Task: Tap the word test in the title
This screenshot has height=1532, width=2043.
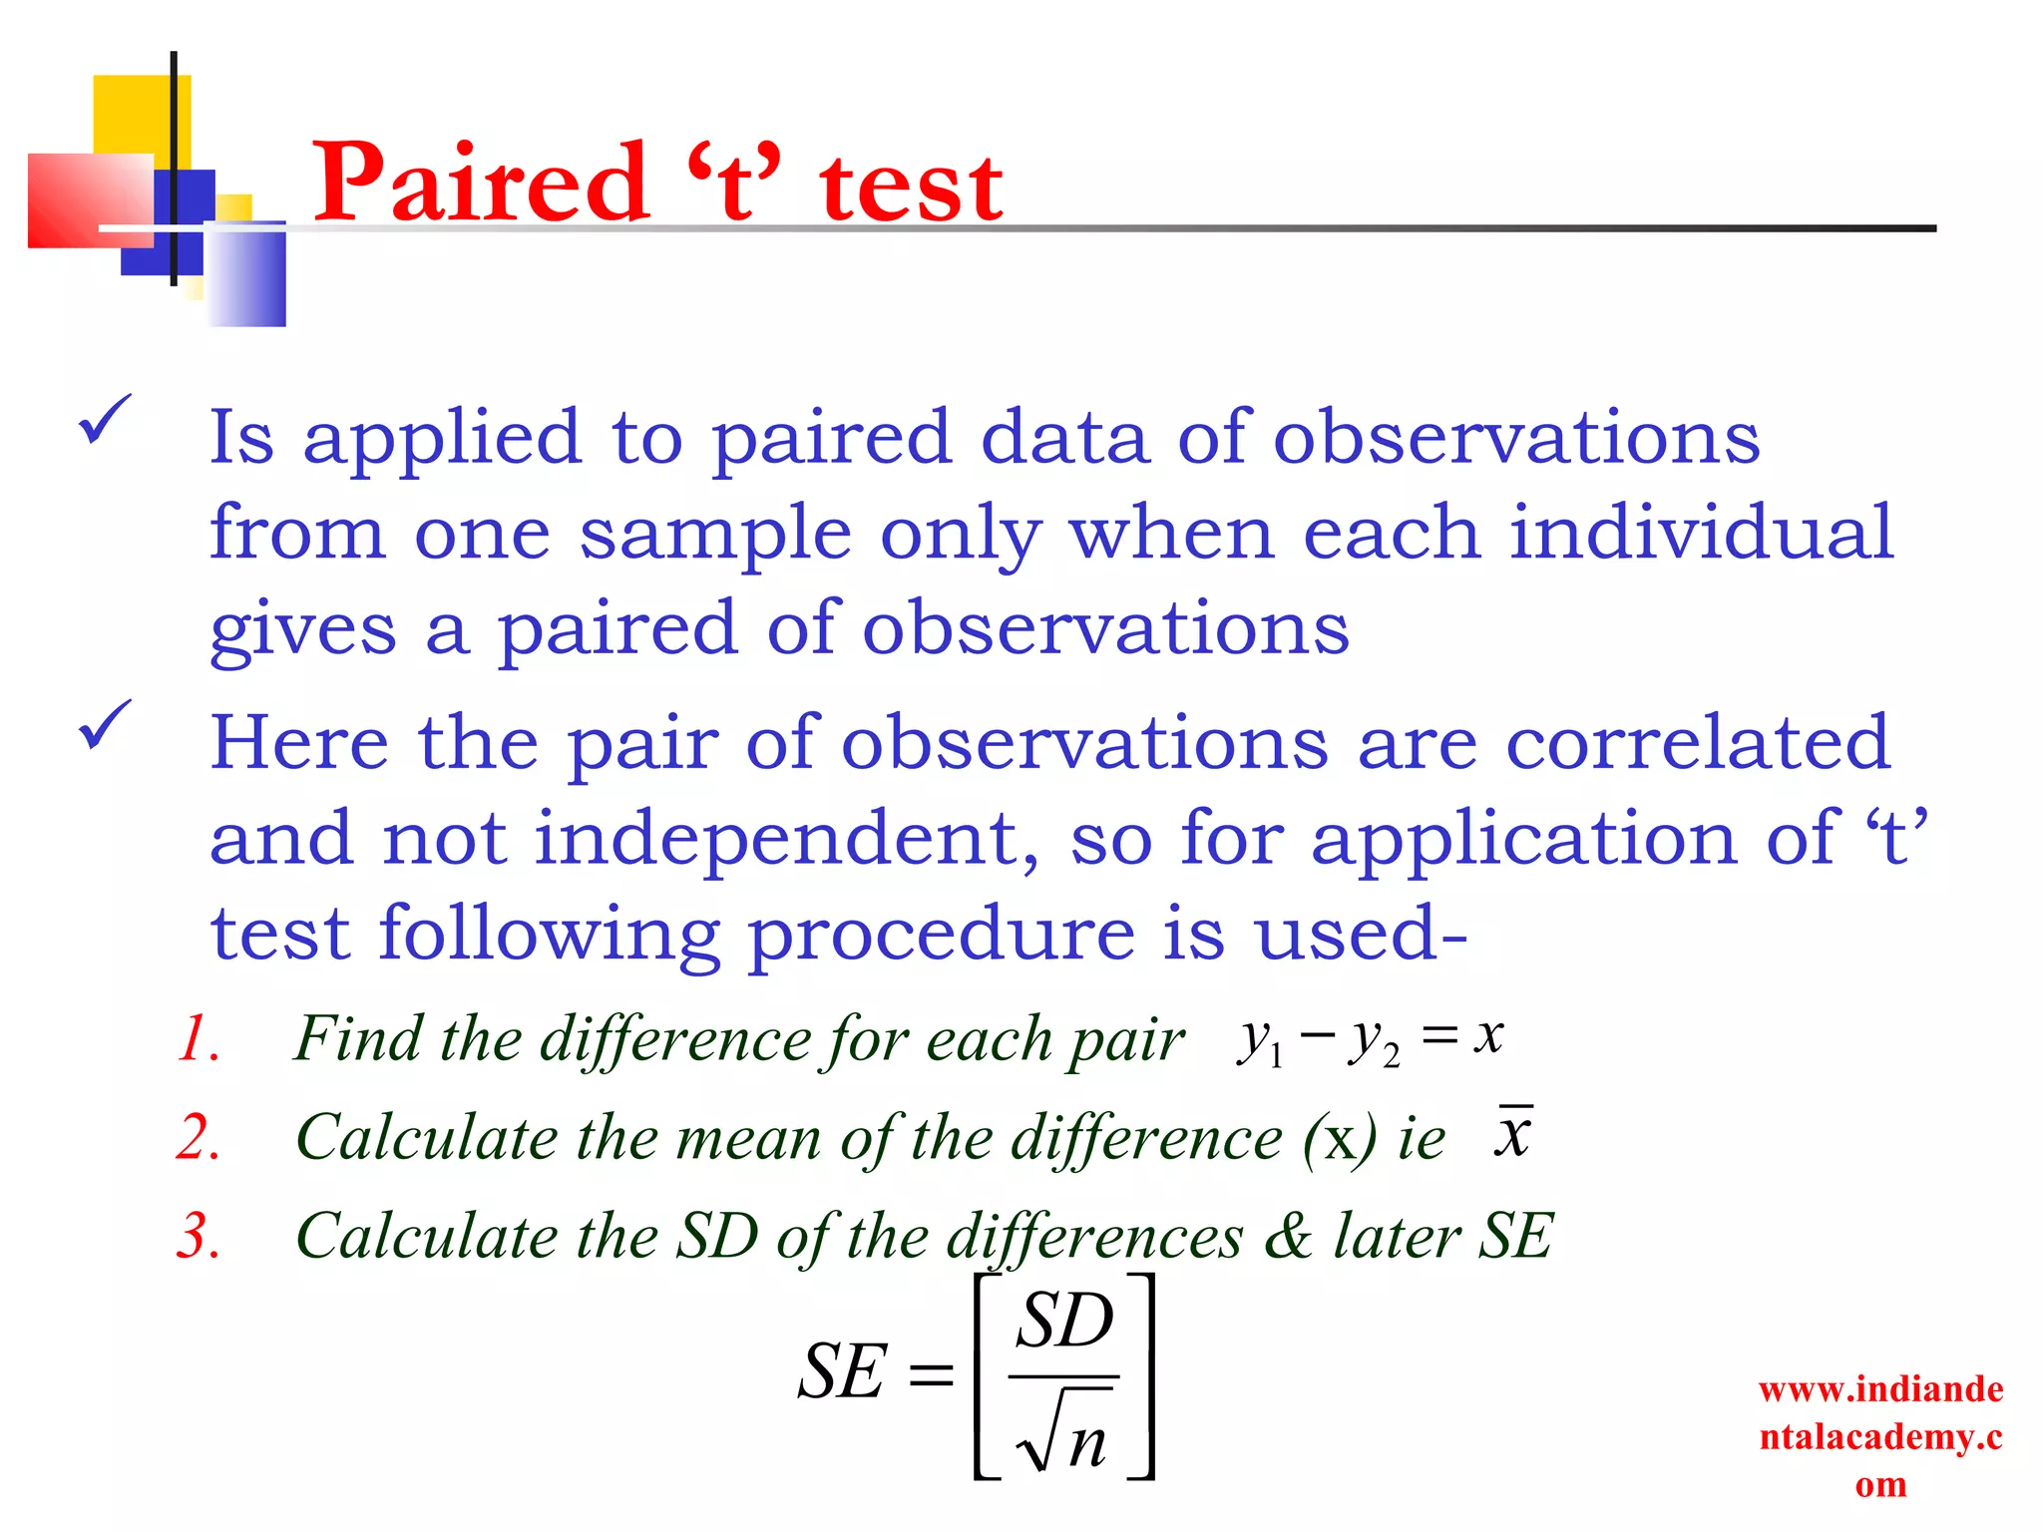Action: [911, 188]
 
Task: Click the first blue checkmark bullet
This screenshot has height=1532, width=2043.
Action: [104, 419]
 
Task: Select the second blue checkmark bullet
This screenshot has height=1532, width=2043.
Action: [104, 724]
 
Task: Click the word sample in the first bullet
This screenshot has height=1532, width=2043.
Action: [715, 535]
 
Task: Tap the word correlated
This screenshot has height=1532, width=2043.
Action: [1697, 742]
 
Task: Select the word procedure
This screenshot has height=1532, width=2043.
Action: [941, 936]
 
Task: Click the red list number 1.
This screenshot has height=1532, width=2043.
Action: [198, 1038]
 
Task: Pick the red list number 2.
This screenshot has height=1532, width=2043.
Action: [198, 1137]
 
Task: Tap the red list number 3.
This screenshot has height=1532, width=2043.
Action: [198, 1236]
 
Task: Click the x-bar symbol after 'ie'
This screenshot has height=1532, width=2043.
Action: [1513, 1134]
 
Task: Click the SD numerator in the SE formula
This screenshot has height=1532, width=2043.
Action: [1064, 1322]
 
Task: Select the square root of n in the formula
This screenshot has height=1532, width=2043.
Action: [1062, 1432]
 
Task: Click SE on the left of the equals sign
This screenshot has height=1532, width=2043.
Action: [842, 1371]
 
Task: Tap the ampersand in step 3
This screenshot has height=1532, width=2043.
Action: [1288, 1236]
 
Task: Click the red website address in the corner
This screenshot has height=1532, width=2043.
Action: [1880, 1436]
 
